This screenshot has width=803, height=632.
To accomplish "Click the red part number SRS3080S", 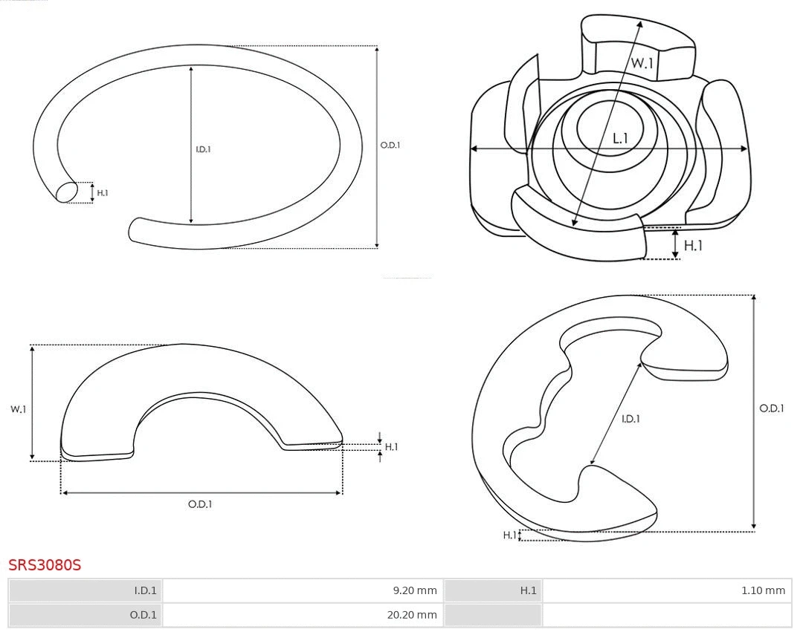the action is coord(45,565).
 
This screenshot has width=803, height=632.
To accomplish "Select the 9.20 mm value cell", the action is coord(303,590).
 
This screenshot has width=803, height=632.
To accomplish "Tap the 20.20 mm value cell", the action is coord(303,615).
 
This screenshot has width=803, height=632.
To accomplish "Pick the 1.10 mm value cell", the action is coord(667,590).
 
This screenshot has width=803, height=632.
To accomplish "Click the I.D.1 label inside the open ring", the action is coord(203,149).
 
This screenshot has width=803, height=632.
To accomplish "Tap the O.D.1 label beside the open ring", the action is coord(390,146).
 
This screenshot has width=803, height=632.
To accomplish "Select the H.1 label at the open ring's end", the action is coord(103,193).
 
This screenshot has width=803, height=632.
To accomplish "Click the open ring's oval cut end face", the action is coord(67,192).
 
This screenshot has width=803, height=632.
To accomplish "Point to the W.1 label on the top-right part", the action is coord(642,63).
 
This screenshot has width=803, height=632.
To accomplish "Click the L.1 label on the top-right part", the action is coord(620,138).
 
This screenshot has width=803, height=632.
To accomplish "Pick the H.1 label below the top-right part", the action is coord(693,245).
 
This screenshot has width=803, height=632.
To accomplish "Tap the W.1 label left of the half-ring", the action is coord(18,409).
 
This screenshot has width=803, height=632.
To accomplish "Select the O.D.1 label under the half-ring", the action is coord(200,504).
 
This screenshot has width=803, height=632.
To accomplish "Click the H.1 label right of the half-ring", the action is coord(391,447).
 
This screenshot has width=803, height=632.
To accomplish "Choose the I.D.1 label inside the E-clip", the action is coord(631,419).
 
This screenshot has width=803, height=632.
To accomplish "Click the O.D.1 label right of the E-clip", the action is coord(771,408).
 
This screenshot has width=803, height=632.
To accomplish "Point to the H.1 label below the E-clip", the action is coord(509,535).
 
